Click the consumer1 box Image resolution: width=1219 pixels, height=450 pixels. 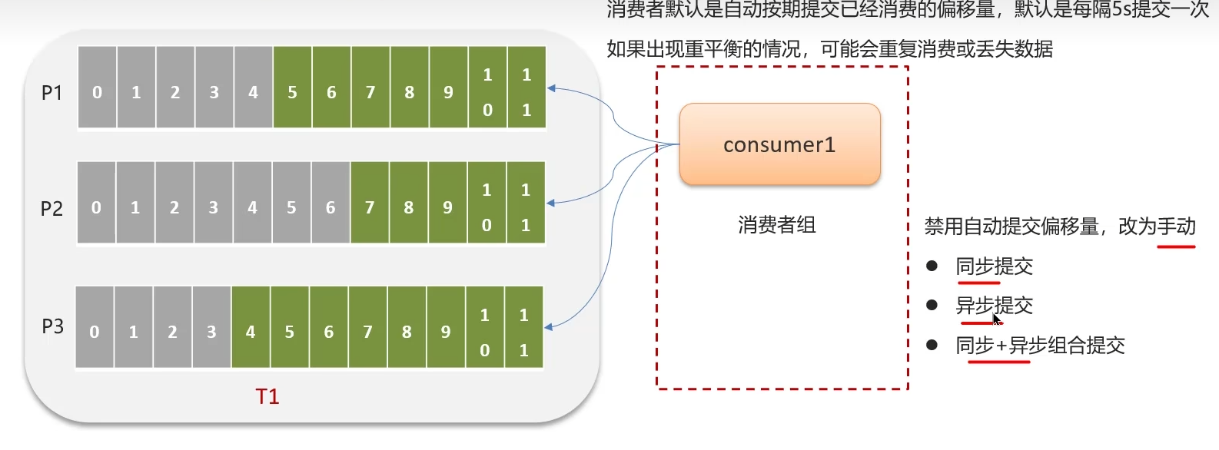point(779,144)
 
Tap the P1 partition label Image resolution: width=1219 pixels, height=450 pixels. point(51,93)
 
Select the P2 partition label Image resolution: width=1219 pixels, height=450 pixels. point(51,209)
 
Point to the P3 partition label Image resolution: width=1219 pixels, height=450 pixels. point(52,326)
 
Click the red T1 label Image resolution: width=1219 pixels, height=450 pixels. point(267,396)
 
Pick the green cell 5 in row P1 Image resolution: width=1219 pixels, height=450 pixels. point(292,92)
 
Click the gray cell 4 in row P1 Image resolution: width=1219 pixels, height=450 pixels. point(253,92)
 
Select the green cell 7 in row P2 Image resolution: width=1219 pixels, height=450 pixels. point(370,207)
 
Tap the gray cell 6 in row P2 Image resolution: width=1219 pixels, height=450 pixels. point(330,207)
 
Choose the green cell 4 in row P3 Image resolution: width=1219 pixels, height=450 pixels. point(251,332)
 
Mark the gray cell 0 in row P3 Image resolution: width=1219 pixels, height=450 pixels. point(95,332)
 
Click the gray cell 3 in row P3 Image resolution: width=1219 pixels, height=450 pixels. point(211,332)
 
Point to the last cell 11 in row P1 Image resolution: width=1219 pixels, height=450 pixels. point(526,92)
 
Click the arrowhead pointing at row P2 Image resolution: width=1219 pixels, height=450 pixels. point(550,203)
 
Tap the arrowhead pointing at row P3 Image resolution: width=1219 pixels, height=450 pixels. point(549,327)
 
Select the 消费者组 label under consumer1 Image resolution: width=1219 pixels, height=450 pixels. point(777,225)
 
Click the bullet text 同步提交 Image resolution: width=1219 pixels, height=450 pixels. point(994,266)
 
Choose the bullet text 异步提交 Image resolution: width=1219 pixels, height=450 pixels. point(994,306)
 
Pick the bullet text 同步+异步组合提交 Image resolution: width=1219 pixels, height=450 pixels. point(1040,346)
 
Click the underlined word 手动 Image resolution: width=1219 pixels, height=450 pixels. point(1176,227)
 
